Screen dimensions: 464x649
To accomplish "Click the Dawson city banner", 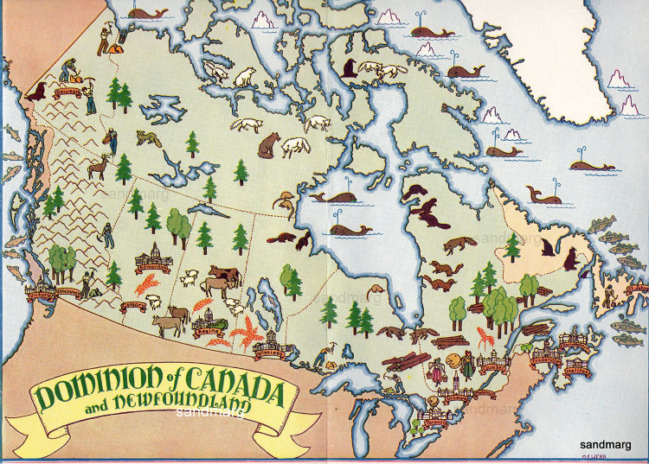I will (x=68, y=90).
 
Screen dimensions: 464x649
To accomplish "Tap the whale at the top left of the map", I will (x=149, y=13).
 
